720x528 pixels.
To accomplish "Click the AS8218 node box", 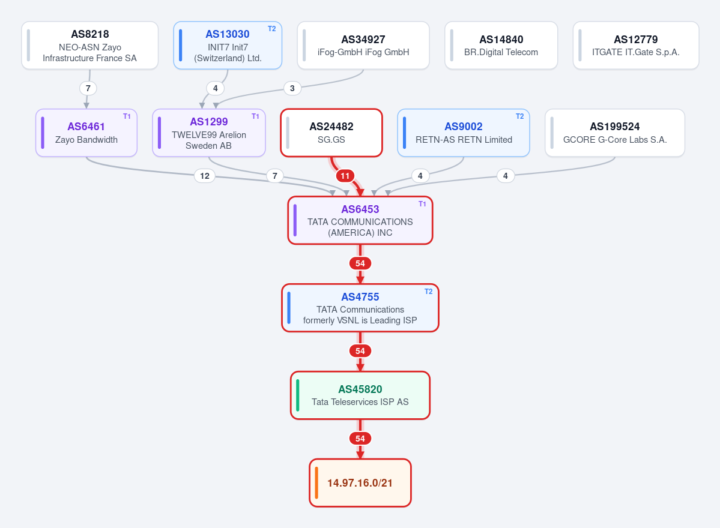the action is point(90,46).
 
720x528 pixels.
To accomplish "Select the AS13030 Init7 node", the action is point(228,46).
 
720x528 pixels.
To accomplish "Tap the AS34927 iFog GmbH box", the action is point(363,46).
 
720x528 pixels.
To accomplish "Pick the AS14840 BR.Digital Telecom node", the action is point(501,46).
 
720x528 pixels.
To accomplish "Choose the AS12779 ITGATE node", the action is point(636,46).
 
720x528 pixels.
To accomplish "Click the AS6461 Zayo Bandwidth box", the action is point(86,133).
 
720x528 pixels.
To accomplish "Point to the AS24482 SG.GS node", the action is point(331,133).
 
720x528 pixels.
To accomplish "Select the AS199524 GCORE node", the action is point(615,133).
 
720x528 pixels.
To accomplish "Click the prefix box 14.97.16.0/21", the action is point(360,483).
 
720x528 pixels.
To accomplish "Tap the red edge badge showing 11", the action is point(345,176).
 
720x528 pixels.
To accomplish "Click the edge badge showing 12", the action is point(205,176).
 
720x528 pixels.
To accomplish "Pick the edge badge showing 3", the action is point(292,88).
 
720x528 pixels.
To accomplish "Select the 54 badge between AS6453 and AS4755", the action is point(360,263).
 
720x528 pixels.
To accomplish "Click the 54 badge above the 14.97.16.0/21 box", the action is point(360,439).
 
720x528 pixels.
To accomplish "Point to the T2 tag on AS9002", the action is point(520,116).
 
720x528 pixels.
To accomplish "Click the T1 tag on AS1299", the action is point(255,116).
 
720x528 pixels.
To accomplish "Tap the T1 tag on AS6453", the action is point(422,204).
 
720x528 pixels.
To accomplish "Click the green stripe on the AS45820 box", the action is point(298,395).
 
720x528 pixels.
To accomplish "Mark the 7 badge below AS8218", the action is point(88,88).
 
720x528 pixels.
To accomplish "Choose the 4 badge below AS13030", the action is point(216,88).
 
